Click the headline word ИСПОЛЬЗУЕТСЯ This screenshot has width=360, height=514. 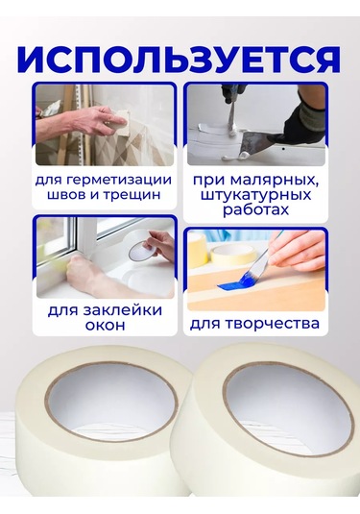point(179,61)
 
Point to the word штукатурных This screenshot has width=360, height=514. point(255,196)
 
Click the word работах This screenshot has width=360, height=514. point(255,210)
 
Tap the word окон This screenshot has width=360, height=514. point(105,325)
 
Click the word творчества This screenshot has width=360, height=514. point(273,324)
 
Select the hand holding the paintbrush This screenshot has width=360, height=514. point(296,254)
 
